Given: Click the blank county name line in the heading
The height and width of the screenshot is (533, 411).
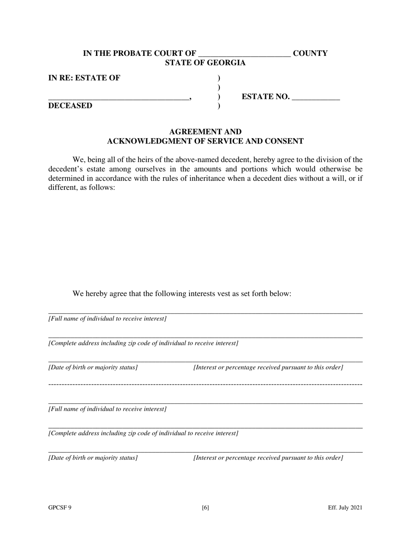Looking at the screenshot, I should (244, 55).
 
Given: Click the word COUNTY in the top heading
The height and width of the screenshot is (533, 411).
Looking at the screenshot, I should (310, 53).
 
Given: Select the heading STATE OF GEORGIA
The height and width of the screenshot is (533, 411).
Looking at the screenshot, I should (205, 63).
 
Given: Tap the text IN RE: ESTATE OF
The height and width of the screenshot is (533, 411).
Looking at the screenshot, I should (84, 78).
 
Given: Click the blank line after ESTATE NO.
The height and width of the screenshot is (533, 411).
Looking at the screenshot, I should (316, 98).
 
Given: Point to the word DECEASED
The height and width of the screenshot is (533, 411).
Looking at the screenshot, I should (70, 106).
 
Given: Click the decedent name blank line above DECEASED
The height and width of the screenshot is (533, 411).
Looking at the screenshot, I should (119, 99).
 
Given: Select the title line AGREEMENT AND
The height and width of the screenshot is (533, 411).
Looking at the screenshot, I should (205, 131).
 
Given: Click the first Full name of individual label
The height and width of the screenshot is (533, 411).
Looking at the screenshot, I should (107, 319).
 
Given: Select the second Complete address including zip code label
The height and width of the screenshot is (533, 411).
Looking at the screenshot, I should (143, 433).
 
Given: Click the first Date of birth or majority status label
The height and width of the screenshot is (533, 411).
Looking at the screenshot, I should (93, 367).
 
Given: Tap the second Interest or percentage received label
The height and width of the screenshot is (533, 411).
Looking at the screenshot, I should (268, 458).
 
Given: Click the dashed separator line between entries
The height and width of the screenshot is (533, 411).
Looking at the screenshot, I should (205, 384).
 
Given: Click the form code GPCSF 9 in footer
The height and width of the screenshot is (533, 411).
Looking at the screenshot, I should (60, 508).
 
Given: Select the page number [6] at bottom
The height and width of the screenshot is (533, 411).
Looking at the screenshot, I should (205, 508).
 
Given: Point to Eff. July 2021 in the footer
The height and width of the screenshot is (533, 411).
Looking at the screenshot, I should (345, 508).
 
